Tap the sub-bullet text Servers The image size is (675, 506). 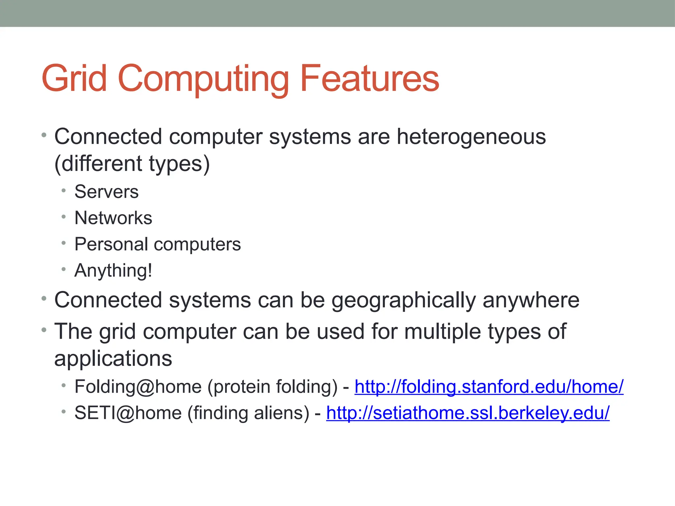[x=106, y=192]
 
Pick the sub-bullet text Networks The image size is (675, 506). [x=113, y=218]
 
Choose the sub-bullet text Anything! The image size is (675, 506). [x=113, y=271]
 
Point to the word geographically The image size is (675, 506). [x=403, y=300]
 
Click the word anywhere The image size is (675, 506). [x=531, y=300]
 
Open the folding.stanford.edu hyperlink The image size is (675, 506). [x=489, y=387]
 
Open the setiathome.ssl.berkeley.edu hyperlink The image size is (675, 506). [x=468, y=413]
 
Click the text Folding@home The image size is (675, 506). [x=138, y=387]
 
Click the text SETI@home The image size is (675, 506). [x=128, y=413]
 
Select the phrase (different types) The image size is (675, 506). [x=132, y=164]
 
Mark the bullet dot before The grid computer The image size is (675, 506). [x=44, y=330]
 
